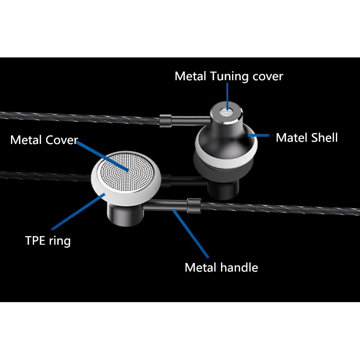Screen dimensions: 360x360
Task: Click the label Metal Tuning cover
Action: [229, 76]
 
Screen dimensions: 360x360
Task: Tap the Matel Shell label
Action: [307, 138]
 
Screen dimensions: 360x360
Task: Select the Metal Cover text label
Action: [44, 140]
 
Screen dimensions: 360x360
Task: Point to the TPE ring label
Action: [48, 240]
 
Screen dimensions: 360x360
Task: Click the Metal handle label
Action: [221, 267]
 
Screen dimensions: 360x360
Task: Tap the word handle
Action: [240, 267]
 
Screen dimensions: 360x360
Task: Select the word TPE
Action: [35, 240]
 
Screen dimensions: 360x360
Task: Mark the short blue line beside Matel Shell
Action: [259, 135]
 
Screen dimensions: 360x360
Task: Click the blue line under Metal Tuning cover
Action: [226, 97]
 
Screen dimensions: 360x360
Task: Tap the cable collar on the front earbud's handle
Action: [193, 206]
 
